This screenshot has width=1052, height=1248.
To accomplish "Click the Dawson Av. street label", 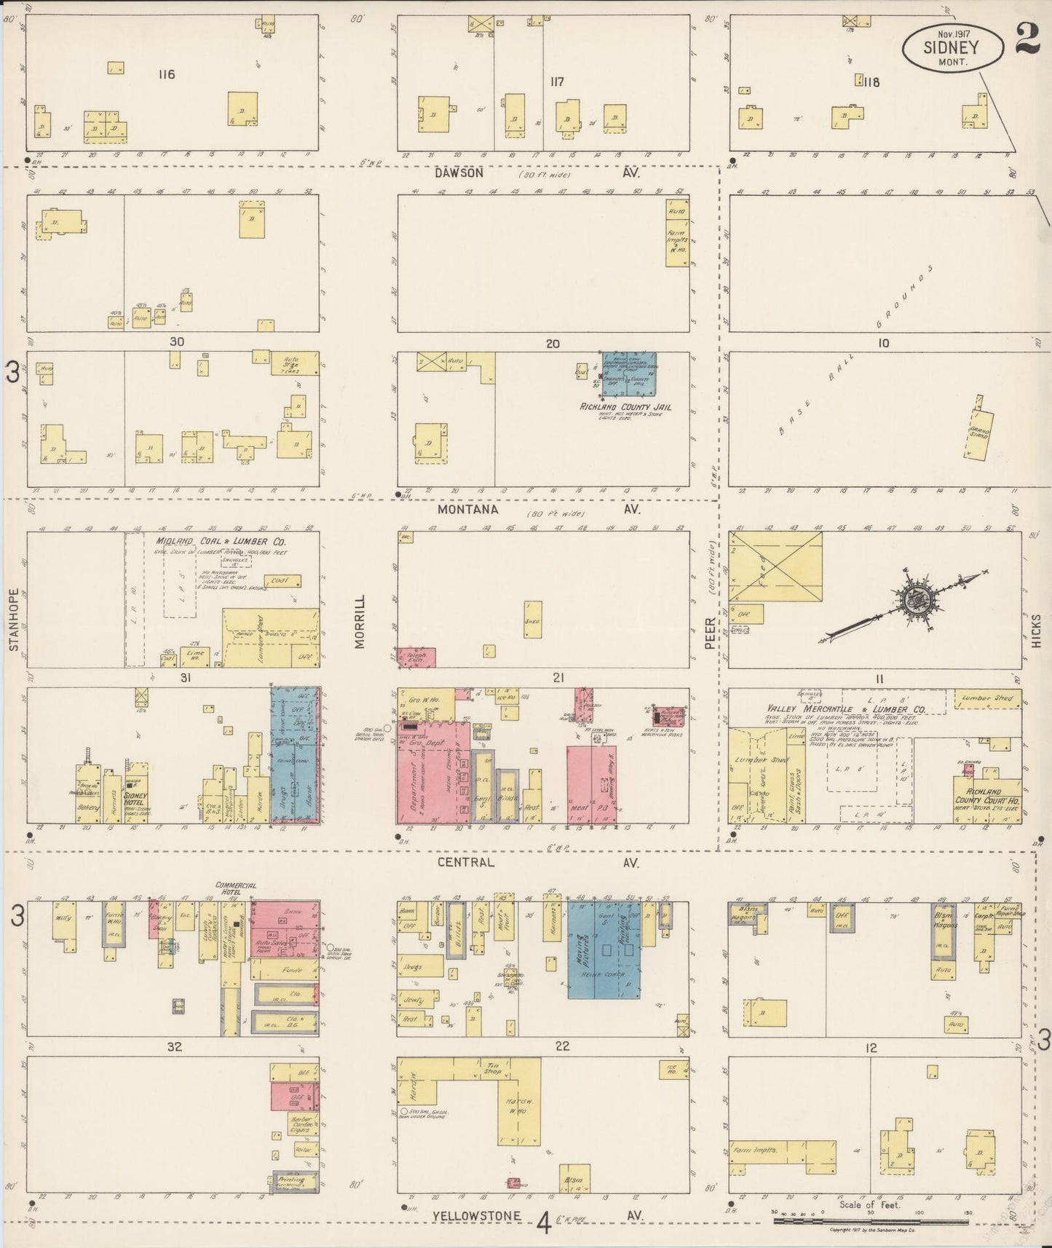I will pyautogui.click(x=459, y=173).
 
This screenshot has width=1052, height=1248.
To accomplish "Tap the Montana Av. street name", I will pyautogui.click(x=467, y=510).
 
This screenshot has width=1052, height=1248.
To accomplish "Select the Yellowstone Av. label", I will pyautogui.click(x=477, y=1216).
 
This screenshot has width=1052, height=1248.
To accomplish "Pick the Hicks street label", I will pyautogui.click(x=1036, y=629).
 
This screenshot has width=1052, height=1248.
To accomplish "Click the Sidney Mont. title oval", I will pyautogui.click(x=951, y=50).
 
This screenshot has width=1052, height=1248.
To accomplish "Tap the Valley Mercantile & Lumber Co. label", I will pyautogui.click(x=845, y=708).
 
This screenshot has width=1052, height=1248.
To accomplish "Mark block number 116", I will pyautogui.click(x=167, y=74).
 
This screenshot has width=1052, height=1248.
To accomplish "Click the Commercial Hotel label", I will pyautogui.click(x=234, y=888).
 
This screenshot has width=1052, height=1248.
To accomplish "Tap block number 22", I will pyautogui.click(x=562, y=1046).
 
